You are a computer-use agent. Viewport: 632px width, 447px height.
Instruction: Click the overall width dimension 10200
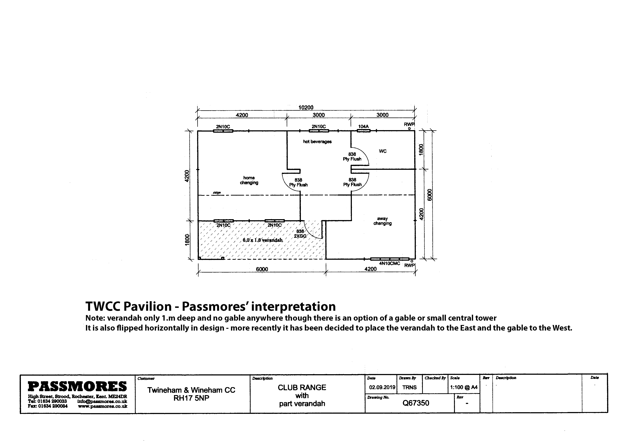[x=306, y=107]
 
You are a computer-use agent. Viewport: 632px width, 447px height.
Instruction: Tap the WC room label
[x=383, y=151]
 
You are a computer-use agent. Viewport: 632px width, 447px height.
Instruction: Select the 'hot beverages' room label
[x=317, y=141]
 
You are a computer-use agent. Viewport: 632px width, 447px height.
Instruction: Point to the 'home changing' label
[x=249, y=180]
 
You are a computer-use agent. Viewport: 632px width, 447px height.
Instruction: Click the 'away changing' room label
[x=382, y=221]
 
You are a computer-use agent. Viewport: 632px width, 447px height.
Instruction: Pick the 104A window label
[x=363, y=126]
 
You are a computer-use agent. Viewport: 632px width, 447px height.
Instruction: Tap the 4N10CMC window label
[x=390, y=263]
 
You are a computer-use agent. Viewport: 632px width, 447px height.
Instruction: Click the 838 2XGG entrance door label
[x=300, y=234]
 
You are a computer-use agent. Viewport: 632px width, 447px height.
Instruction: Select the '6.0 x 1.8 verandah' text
[x=263, y=240]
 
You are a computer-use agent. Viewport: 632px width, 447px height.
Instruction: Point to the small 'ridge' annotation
[x=217, y=192]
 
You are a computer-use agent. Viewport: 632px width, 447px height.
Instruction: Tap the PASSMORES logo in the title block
[x=77, y=386]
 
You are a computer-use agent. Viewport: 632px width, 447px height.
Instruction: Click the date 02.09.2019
[x=382, y=387]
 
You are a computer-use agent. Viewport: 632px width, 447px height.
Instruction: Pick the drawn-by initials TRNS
[x=409, y=387]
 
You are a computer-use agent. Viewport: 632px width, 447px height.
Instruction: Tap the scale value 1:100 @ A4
[x=464, y=387]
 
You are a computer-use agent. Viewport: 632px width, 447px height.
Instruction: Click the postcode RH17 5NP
[x=191, y=398]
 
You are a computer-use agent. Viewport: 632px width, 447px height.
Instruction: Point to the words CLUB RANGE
[x=302, y=388]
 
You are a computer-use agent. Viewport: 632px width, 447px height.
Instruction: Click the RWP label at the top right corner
[x=409, y=124]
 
